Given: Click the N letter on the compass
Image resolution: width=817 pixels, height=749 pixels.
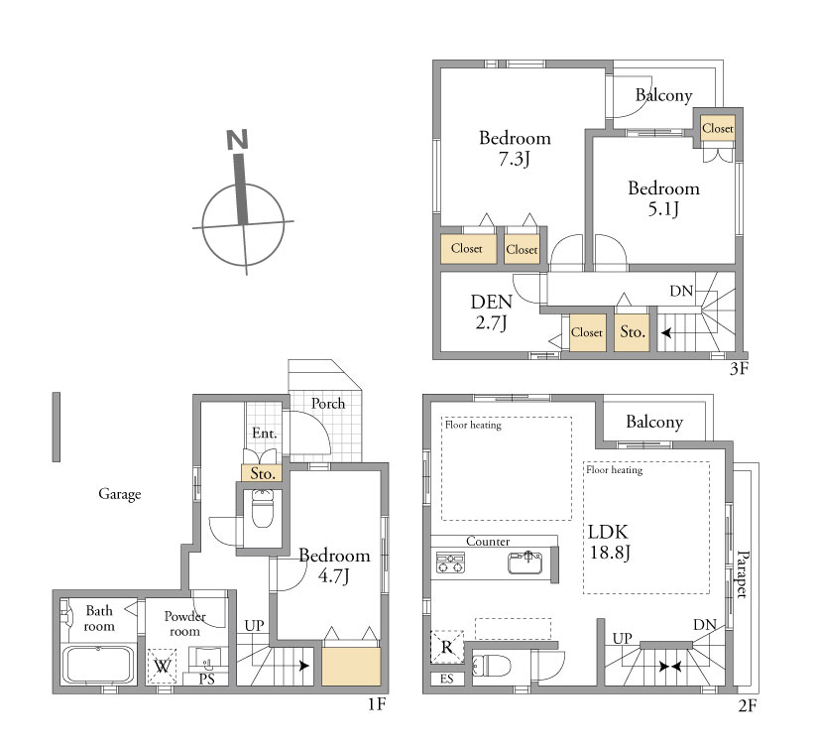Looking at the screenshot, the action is [237, 140].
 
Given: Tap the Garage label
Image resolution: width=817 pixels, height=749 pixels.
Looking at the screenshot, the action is [119, 494].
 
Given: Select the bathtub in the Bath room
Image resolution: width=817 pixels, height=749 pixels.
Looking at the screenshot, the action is [98, 664].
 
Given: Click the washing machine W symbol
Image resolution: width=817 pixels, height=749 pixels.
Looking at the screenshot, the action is [162, 666].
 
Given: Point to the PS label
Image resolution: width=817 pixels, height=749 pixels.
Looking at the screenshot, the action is [207, 680].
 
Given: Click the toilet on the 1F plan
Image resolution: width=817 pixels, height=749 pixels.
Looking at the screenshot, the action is [262, 508].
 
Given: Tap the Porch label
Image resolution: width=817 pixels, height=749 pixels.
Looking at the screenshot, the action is [328, 404].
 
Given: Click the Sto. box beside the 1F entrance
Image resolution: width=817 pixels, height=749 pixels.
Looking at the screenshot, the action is [262, 473].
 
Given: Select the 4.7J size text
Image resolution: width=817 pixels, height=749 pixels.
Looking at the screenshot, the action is [333, 576].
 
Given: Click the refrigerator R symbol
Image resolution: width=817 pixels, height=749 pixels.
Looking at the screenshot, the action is [447, 647].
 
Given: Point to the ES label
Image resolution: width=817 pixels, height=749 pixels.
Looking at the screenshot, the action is [446, 679].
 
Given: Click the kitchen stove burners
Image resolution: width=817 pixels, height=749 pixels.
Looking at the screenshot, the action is [450, 562].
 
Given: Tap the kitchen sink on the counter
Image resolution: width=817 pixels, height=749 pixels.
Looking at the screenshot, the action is [525, 562].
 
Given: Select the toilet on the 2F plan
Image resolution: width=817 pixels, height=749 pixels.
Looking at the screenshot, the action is [491, 666].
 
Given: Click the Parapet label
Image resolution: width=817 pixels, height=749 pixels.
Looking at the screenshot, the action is [742, 573].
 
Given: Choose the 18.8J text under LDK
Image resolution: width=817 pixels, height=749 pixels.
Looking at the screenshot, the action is [610, 552].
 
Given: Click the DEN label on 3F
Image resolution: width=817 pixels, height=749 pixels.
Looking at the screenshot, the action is [492, 302].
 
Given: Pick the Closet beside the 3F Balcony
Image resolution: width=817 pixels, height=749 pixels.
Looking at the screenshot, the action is [718, 128].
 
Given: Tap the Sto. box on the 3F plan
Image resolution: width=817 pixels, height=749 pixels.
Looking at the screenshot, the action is [632, 332].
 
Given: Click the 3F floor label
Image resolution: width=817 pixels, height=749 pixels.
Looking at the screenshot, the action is [739, 368].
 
